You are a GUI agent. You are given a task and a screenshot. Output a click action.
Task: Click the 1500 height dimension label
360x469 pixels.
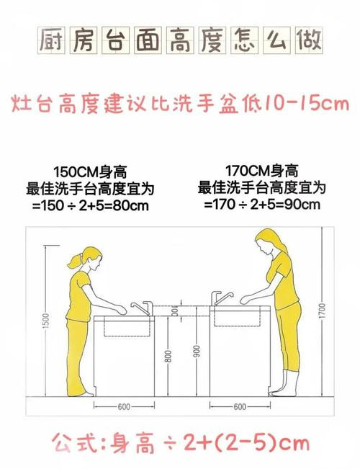pyautogui.click(x=46, y=321)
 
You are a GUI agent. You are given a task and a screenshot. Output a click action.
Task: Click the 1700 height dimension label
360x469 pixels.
pyautogui.click(x=322, y=311)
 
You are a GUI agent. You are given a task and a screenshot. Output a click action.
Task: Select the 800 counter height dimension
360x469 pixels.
pyautogui.click(x=168, y=356)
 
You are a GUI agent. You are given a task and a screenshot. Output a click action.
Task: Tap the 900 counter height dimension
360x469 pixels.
pyautogui.click(x=197, y=352)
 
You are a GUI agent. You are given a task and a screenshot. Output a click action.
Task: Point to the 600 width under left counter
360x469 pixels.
pyautogui.click(x=124, y=407)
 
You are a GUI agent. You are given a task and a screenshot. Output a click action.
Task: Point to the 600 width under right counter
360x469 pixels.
pyautogui.click(x=240, y=407)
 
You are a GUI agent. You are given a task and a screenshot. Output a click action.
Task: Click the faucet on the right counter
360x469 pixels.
pyautogui.click(x=221, y=298)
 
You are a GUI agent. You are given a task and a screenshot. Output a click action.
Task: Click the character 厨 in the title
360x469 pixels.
pyautogui.click(x=51, y=40)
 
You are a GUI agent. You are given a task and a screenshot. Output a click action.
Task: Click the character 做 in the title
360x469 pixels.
pyautogui.click(x=309, y=40)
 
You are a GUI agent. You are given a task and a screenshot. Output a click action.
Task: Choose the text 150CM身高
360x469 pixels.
pyautogui.click(x=90, y=172)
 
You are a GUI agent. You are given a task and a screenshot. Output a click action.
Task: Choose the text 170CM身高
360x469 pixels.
pyautogui.click(x=261, y=171)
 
